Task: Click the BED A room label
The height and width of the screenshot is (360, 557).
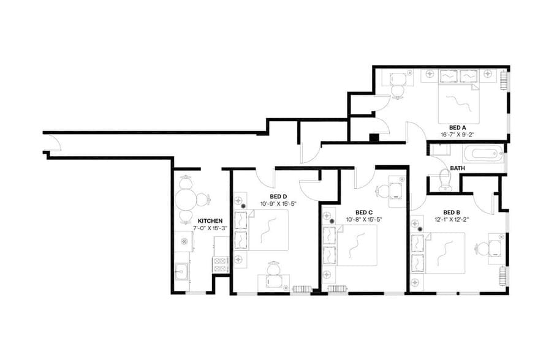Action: point(450,127)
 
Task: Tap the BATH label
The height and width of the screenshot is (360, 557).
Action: point(457,168)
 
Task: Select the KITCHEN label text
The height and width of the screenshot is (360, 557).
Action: point(210,220)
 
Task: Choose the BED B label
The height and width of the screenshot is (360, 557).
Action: point(452,212)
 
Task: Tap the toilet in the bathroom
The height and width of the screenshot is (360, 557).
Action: point(446,179)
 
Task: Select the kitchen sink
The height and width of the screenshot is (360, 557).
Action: point(181,270)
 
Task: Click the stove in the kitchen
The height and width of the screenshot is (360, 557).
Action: point(220,264)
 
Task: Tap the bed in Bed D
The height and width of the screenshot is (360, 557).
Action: point(268,230)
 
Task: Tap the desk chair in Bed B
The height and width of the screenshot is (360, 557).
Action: point(482,249)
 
